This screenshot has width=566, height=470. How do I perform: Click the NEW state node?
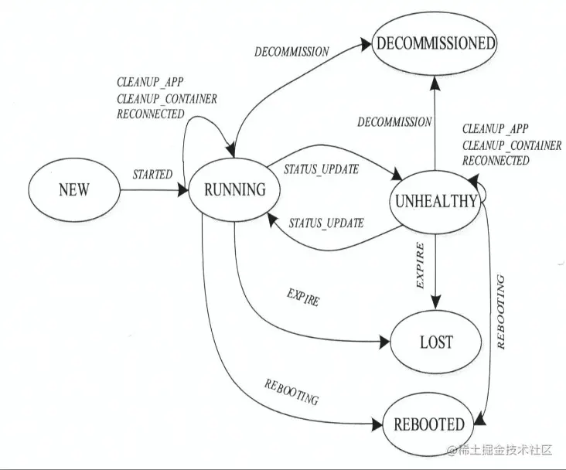click(73, 189)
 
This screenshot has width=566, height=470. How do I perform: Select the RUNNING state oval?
click(234, 189)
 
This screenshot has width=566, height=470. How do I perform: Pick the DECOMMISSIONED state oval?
click(435, 43)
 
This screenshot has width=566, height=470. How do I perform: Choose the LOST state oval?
click(436, 342)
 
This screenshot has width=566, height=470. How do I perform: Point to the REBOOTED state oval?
click(429, 424)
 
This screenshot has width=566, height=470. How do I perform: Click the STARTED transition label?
click(152, 175)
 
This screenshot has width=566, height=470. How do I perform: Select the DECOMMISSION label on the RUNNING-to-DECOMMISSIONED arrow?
click(292, 53)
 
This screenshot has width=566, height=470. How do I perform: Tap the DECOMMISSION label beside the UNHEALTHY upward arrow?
click(394, 122)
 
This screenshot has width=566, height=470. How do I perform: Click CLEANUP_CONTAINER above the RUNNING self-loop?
click(166, 98)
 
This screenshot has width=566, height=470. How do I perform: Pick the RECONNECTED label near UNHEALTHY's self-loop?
click(496, 161)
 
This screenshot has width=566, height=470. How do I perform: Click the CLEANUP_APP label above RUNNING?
click(150, 83)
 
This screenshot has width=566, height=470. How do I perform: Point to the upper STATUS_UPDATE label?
click(321, 169)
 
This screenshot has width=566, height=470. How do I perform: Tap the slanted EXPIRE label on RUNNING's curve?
click(302, 298)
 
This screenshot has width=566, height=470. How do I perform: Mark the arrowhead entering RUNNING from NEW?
click(184, 189)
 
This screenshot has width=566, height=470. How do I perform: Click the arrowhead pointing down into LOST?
click(436, 305)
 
